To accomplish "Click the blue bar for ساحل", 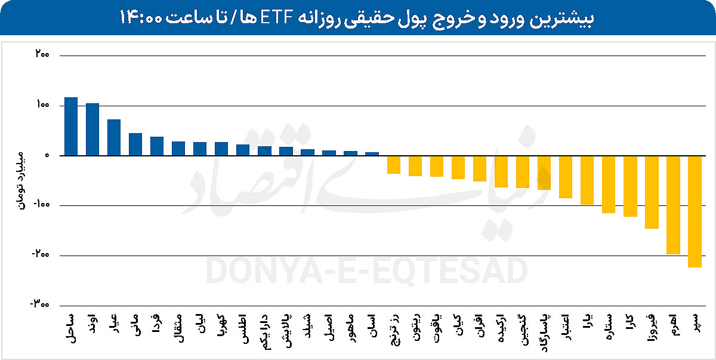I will click(71, 126).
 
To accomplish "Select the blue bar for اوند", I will click(92, 129).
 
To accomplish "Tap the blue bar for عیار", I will click(114, 137).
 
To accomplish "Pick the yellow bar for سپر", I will click(695, 211).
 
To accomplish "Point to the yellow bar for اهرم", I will click(673, 205).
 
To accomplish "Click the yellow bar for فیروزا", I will click(652, 192).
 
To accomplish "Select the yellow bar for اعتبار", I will click(566, 177).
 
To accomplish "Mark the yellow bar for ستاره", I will click(609, 184).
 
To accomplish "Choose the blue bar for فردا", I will click(157, 146).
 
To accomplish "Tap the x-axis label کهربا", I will click(221, 325).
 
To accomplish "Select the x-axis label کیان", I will click(458, 322).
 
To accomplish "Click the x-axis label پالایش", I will click(286, 328).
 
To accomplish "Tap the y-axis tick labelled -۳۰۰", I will click(39, 304).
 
